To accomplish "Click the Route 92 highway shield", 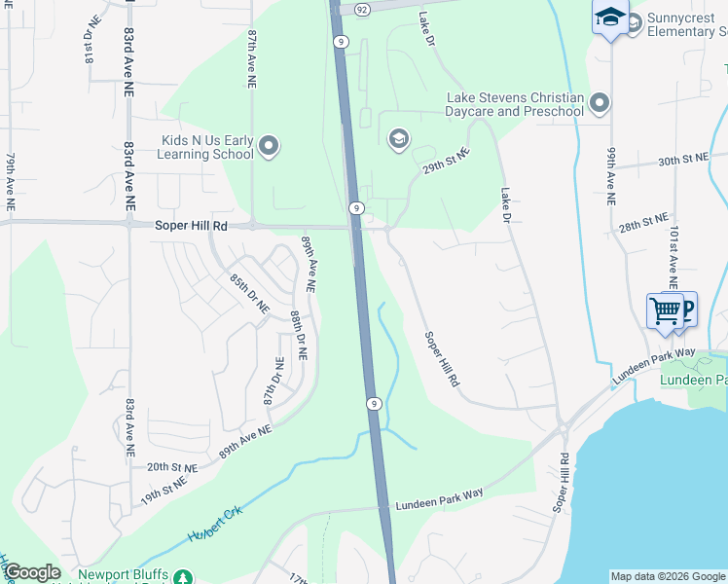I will pos(362,9).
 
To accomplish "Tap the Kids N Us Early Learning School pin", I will pos(270,147).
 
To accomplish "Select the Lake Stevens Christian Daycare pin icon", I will pos(600,103).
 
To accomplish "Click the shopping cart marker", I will pos(666,311).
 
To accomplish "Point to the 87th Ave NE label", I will pos(252,59).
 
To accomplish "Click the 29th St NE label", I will pos(447,161).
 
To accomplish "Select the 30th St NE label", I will pos(680,161).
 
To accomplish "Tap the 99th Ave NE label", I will pos(611,176).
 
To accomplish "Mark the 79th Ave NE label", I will pos(11,181).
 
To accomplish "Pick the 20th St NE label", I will pos(172,467).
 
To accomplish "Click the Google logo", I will pos(32,572).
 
